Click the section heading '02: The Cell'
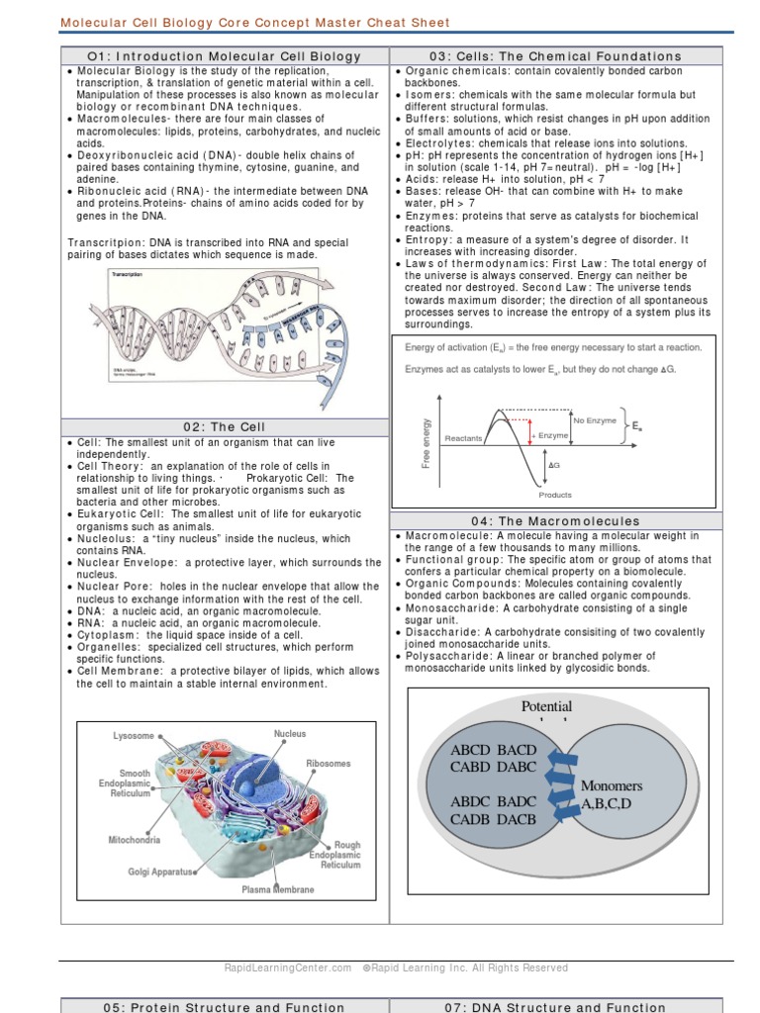tap(225, 426)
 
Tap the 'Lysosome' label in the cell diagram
tap(134, 736)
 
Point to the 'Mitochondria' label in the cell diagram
tap(135, 840)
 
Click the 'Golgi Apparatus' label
tap(162, 872)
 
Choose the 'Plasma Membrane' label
tap(278, 889)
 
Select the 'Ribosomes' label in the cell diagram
tap(329, 764)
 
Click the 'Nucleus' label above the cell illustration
tap(290, 734)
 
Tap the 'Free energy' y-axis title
tap(427, 443)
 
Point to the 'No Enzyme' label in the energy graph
tap(594, 420)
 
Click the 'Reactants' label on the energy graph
tap(463, 437)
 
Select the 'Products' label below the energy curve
tap(555, 495)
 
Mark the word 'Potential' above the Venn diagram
tap(546, 706)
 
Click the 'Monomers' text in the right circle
tap(612, 785)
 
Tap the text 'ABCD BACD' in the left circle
tap(493, 750)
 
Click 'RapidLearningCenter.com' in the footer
tap(288, 967)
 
